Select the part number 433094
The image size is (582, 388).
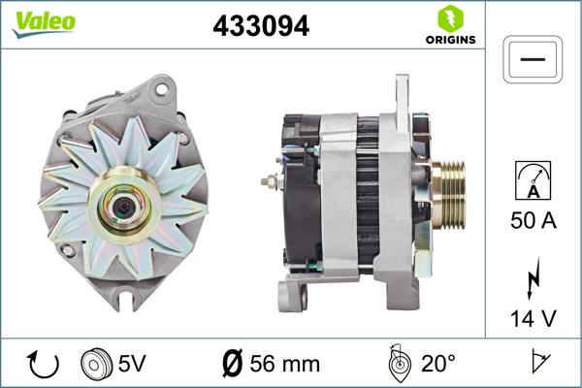(260, 27)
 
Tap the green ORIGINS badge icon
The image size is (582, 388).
(448, 18)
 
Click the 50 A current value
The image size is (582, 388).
(533, 221)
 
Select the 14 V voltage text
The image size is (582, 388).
(533, 316)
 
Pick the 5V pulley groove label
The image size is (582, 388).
(134, 365)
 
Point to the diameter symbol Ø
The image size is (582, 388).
(233, 365)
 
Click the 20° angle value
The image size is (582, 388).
(438, 365)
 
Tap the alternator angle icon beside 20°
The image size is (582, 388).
(396, 364)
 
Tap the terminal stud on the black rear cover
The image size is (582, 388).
(268, 181)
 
